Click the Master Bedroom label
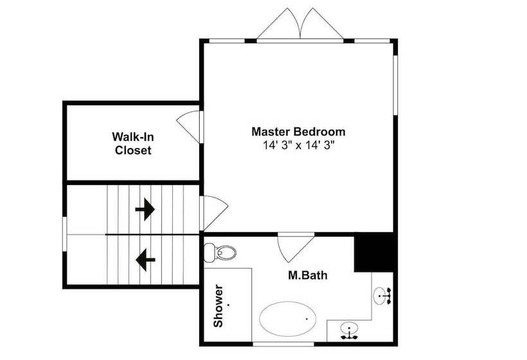click(x=298, y=131)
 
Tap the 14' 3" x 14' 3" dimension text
click(x=298, y=145)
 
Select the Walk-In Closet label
click(x=133, y=143)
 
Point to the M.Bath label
click(x=308, y=275)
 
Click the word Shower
click(x=218, y=306)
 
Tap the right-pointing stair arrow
click(x=145, y=210)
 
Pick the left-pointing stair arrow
click(x=145, y=260)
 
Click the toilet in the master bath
click(x=220, y=253)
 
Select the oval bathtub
click(x=288, y=318)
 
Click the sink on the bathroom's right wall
click(x=382, y=296)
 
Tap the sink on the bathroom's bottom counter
click(x=349, y=331)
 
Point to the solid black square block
click(x=374, y=252)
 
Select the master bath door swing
click(x=296, y=249)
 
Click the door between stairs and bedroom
click(x=214, y=212)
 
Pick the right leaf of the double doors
click(x=322, y=24)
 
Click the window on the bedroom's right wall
click(x=395, y=85)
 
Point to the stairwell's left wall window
click(x=64, y=234)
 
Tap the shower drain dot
click(x=229, y=305)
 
